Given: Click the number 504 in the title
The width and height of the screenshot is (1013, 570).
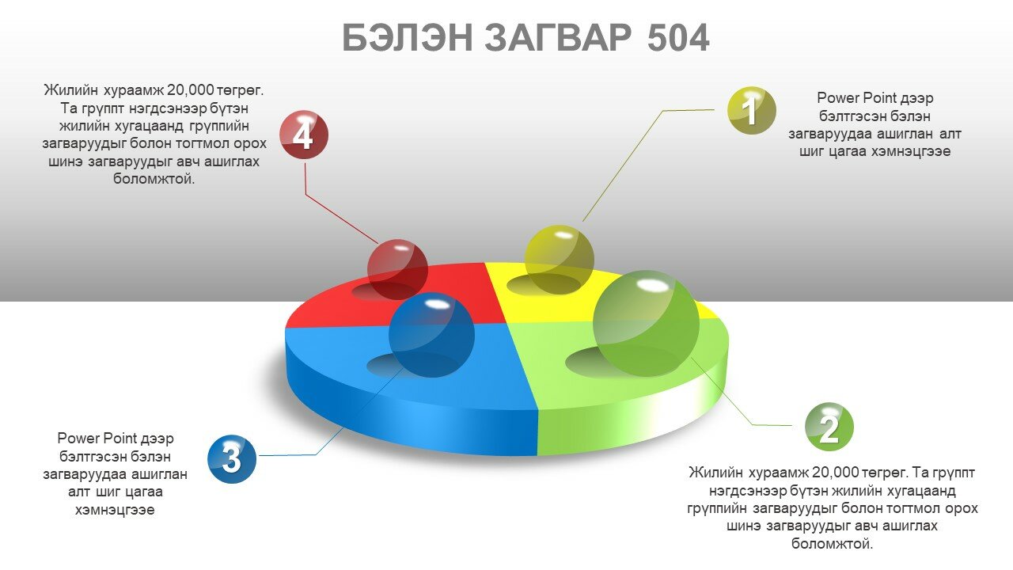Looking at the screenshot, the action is [678, 38].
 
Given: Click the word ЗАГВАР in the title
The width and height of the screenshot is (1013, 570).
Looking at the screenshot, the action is [558, 38].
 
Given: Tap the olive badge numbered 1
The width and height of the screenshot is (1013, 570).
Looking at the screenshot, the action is [751, 110].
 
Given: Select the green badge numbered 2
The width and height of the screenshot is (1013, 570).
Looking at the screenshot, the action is [829, 427].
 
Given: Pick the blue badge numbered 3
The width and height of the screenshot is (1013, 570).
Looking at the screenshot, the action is [232, 458].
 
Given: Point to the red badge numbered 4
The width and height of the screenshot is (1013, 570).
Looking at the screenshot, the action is [304, 135].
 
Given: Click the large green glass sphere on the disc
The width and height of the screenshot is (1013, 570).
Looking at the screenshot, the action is [646, 323].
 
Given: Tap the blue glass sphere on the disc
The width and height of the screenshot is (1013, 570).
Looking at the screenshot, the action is [431, 335].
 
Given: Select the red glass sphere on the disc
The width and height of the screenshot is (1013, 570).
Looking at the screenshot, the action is [397, 270].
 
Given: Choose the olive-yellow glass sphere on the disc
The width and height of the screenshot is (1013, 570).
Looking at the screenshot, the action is [560, 260].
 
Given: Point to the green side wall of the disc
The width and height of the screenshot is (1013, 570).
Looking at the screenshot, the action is [633, 420].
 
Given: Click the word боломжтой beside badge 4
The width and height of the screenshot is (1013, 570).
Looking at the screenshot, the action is [154, 179].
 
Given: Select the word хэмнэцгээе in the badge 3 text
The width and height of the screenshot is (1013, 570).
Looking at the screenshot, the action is [115, 511].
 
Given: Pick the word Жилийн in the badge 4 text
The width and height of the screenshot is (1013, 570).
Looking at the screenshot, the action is [71, 90].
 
